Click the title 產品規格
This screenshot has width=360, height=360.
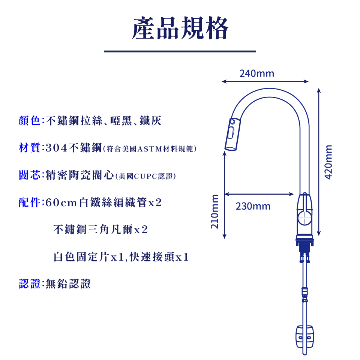pyautogui.click(x=180, y=28)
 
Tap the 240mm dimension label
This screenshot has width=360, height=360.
pyautogui.click(x=257, y=73)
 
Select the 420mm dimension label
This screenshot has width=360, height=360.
pyautogui.click(x=328, y=162)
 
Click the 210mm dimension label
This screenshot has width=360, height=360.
pyautogui.click(x=214, y=211)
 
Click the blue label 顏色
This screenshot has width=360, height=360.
pyautogui.click(x=29, y=121)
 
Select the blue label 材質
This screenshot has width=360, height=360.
pyautogui.click(x=29, y=148)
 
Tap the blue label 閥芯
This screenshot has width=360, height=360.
pyautogui.click(x=29, y=175)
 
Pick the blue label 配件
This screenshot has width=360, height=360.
pyautogui.click(x=29, y=202)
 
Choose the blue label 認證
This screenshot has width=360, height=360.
pyautogui.click(x=29, y=284)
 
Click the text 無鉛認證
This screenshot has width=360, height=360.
pyautogui.click(x=68, y=284)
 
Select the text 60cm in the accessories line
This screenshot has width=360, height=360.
pyautogui.click(x=61, y=203)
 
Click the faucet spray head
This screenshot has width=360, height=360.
pyautogui.click(x=231, y=135)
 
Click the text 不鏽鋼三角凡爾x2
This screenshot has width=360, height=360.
pyautogui.click(x=100, y=229)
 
